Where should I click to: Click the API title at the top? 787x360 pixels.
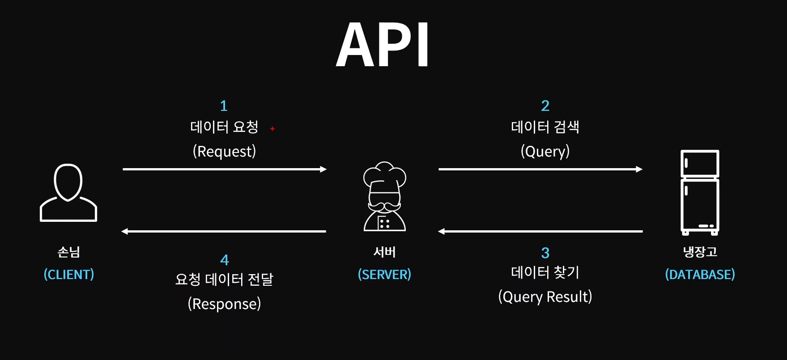click(383, 45)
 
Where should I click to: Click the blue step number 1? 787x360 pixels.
click(224, 106)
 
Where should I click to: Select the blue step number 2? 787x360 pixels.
click(545, 106)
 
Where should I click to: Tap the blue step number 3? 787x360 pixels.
click(545, 253)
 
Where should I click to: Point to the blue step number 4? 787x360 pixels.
click(225, 260)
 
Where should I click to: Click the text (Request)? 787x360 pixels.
click(225, 151)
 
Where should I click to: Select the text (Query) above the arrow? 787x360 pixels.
click(545, 151)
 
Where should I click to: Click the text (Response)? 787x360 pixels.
click(224, 304)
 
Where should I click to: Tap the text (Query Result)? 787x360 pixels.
click(545, 297)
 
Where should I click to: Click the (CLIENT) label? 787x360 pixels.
click(69, 274)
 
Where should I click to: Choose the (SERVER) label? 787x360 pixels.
click(384, 274)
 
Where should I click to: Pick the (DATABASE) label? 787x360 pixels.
click(700, 274)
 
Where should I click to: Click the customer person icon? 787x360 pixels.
click(68, 192)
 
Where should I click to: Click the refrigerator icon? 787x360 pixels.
click(700, 192)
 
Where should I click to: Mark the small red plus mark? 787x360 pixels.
click(272, 129)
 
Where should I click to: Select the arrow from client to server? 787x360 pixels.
click(225, 169)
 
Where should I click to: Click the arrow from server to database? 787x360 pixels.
click(540, 169)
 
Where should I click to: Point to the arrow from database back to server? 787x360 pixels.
click(540, 231)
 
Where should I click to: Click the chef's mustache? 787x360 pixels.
click(384, 207)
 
